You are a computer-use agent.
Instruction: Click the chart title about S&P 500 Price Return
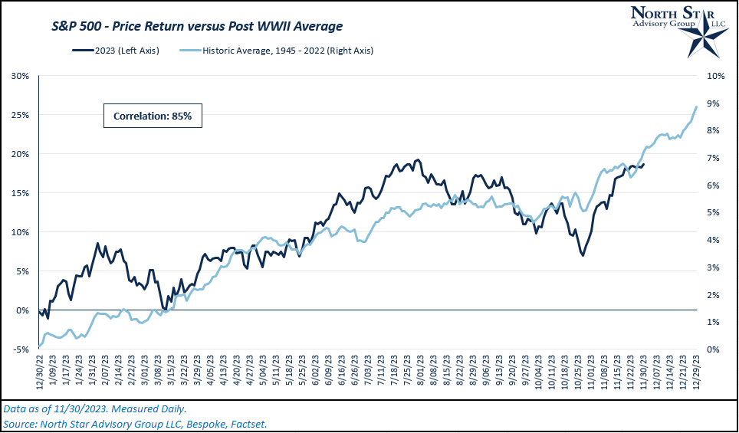click(x=196, y=26)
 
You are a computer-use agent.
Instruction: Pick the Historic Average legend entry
click(x=287, y=51)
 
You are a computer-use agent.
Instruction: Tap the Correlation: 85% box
click(x=152, y=116)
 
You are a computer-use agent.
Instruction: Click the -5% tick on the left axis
click(x=20, y=349)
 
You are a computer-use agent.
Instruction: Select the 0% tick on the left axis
click(x=23, y=310)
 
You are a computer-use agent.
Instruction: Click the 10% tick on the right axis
click(x=713, y=76)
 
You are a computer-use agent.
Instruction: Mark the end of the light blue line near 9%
click(x=696, y=107)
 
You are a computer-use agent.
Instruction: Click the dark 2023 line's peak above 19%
click(x=418, y=159)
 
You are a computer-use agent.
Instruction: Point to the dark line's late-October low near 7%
click(x=583, y=255)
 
